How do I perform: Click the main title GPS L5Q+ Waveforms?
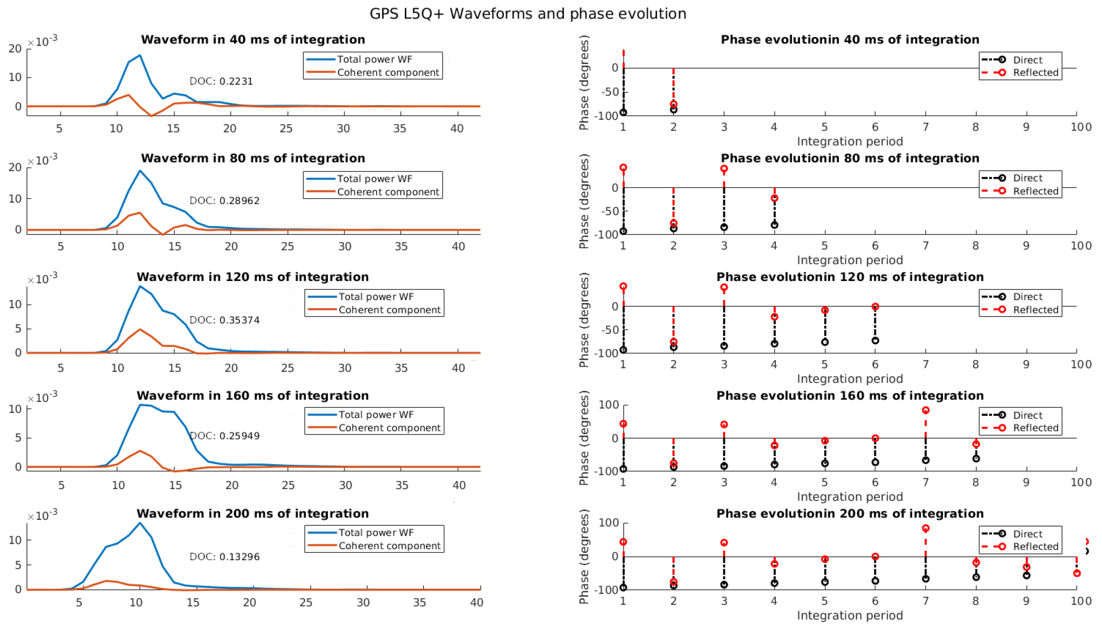tap(527, 14)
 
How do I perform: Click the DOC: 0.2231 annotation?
tap(221, 81)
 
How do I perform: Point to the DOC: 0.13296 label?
tap(224, 557)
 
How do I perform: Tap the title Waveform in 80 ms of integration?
tap(253, 158)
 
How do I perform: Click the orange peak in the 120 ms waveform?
tap(140, 329)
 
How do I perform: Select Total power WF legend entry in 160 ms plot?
tap(375, 414)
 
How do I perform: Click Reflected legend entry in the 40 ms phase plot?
tap(1035, 72)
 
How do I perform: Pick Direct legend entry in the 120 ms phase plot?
tap(1027, 297)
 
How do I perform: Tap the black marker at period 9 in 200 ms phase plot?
tap(1026, 575)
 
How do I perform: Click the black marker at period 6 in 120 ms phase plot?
tap(875, 341)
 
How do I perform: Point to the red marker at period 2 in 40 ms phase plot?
tap(673, 104)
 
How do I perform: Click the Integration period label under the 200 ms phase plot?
tap(849, 615)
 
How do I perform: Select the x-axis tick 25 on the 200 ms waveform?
tap(306, 602)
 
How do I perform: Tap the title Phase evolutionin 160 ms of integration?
tap(849, 396)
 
